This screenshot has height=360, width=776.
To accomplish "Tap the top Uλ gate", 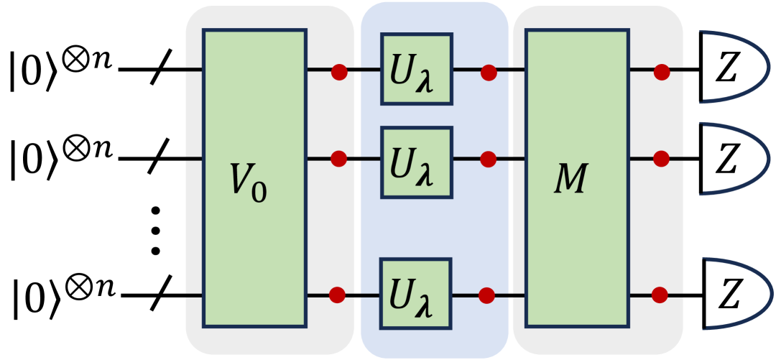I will (417, 69).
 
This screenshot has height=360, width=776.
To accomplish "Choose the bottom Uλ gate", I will (417, 294).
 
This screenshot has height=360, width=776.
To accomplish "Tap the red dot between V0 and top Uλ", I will (339, 71).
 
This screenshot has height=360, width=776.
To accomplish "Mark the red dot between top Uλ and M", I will (489, 71).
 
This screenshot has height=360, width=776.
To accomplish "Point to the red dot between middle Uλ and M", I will (489, 158).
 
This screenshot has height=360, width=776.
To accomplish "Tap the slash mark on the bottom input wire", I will (160, 295).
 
